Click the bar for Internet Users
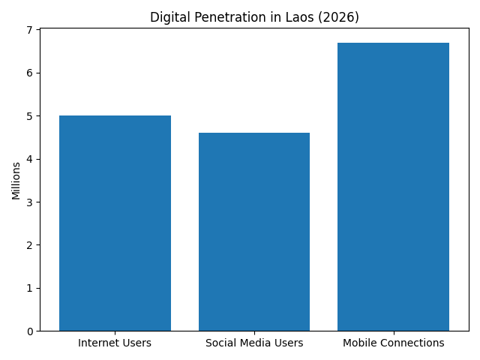point(115,223)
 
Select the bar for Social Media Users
point(254,232)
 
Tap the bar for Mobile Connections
point(393,187)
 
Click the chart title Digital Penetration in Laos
point(254,17)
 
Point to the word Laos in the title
point(305,17)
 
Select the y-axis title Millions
point(16,180)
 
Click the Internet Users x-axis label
point(115,343)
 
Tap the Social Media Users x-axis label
point(254,343)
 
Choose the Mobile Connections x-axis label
point(393,343)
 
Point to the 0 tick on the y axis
point(30,331)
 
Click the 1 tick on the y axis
point(30,288)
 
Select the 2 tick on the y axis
point(30,245)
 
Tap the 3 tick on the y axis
point(30,202)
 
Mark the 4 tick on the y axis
point(30,159)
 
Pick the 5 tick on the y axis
point(30,116)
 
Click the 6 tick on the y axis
point(30,73)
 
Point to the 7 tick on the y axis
point(30,30)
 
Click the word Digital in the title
point(166,17)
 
